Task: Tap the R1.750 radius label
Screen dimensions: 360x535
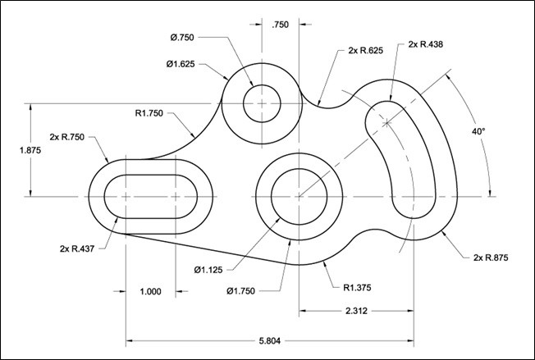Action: pyautogui.click(x=152, y=113)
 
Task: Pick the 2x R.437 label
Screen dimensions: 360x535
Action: pyautogui.click(x=77, y=248)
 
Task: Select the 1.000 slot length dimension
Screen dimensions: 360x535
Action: pyautogui.click(x=151, y=290)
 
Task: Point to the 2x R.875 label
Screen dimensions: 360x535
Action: pyautogui.click(x=492, y=257)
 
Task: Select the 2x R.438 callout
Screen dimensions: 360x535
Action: pyautogui.click(x=426, y=44)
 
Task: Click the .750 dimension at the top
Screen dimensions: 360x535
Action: pyautogui.click(x=280, y=25)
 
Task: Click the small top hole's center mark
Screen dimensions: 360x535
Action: pyautogui.click(x=262, y=103)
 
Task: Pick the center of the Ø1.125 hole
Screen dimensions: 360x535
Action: pyautogui.click(x=299, y=197)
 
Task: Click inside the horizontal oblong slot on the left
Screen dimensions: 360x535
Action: pyautogui.click(x=151, y=197)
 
